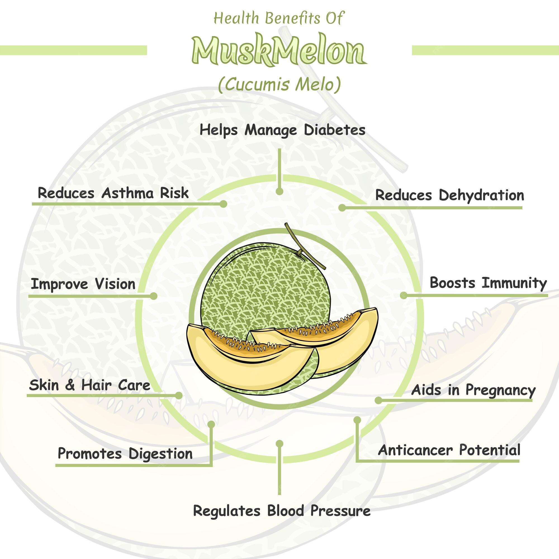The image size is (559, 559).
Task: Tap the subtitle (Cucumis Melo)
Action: point(279,85)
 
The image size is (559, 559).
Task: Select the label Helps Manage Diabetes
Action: point(282,130)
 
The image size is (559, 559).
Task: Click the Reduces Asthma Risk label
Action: point(113,193)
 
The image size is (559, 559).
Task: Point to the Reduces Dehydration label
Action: point(449,195)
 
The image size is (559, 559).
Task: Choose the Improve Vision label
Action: point(83,284)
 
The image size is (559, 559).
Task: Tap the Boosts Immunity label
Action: point(488,283)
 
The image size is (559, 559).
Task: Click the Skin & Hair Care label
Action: point(90,385)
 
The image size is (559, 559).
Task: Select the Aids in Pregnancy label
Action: point(473,390)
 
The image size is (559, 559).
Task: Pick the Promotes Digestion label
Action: point(125,453)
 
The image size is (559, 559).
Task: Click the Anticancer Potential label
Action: point(449,450)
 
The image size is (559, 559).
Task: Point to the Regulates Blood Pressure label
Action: point(281,511)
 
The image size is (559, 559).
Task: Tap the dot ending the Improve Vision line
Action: point(154,296)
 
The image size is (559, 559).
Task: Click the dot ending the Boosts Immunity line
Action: point(404,295)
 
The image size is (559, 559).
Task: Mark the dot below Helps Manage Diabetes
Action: point(279,191)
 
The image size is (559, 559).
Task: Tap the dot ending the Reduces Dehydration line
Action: point(342,207)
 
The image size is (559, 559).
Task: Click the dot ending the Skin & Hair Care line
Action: point(179,395)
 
